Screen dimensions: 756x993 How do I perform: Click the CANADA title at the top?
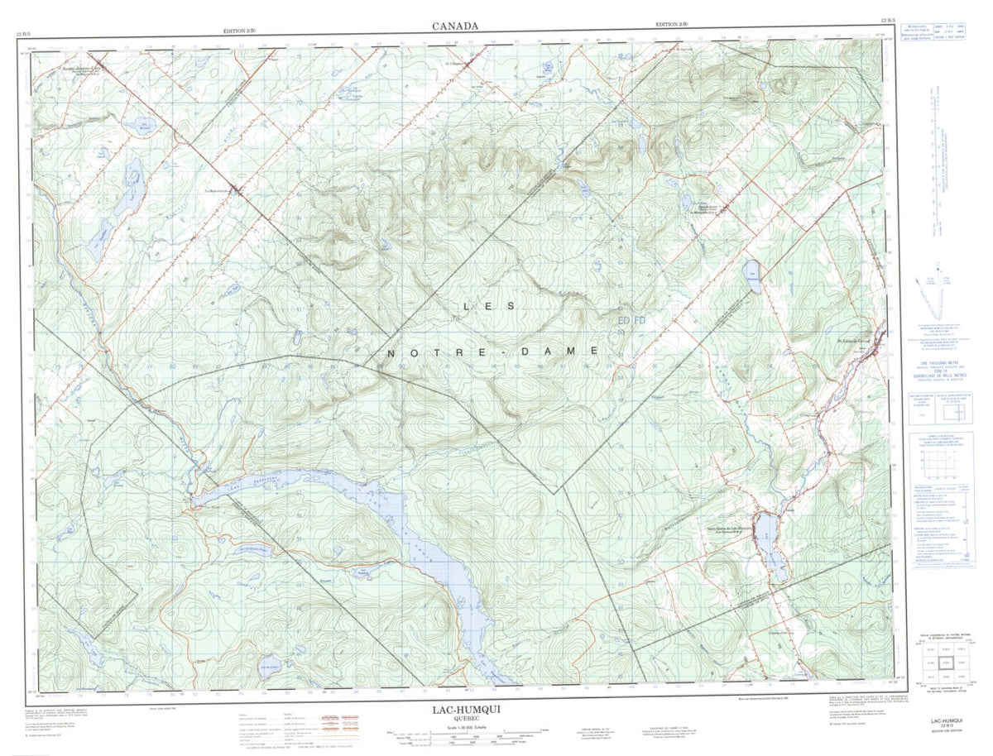(x=454, y=26)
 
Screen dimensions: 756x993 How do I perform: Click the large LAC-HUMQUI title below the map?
(x=466, y=709)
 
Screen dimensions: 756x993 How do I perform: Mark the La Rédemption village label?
(x=219, y=189)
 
